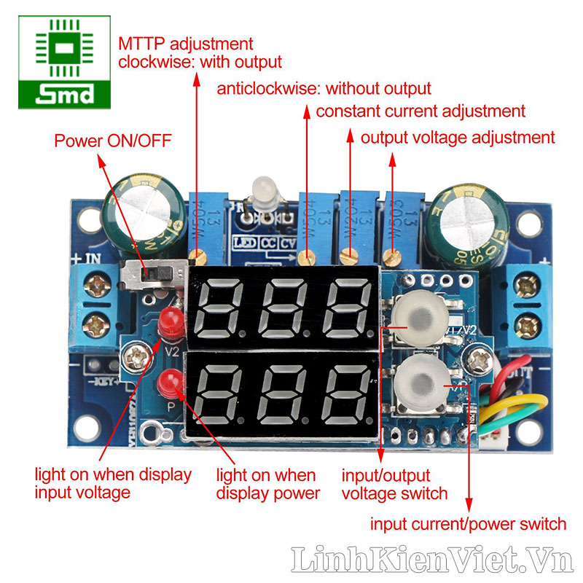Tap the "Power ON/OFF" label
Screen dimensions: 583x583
(x=113, y=141)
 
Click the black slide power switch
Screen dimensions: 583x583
(x=151, y=275)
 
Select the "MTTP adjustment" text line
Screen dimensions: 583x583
(x=186, y=44)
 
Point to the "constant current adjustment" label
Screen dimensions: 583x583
(x=420, y=111)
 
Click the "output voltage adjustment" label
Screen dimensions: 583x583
(x=458, y=137)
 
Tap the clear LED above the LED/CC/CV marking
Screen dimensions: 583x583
(x=261, y=192)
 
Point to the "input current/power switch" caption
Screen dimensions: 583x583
(x=468, y=523)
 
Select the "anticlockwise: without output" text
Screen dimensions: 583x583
(x=324, y=89)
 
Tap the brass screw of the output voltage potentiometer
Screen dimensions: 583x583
(x=394, y=256)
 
